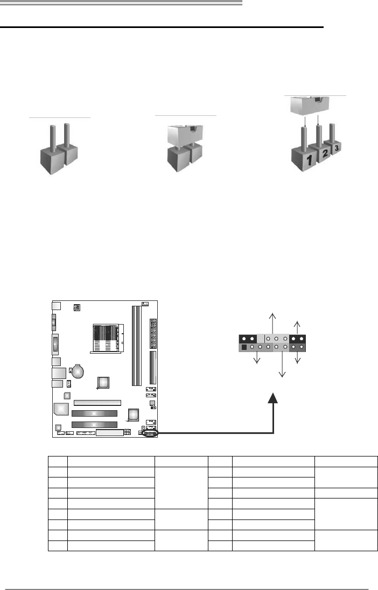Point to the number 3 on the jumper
click(x=337, y=147)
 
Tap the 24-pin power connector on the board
click(x=153, y=334)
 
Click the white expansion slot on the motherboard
click(x=97, y=402)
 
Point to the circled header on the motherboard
click(x=150, y=432)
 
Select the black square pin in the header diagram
click(x=244, y=347)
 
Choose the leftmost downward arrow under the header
click(x=257, y=359)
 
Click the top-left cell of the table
click(x=57, y=461)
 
